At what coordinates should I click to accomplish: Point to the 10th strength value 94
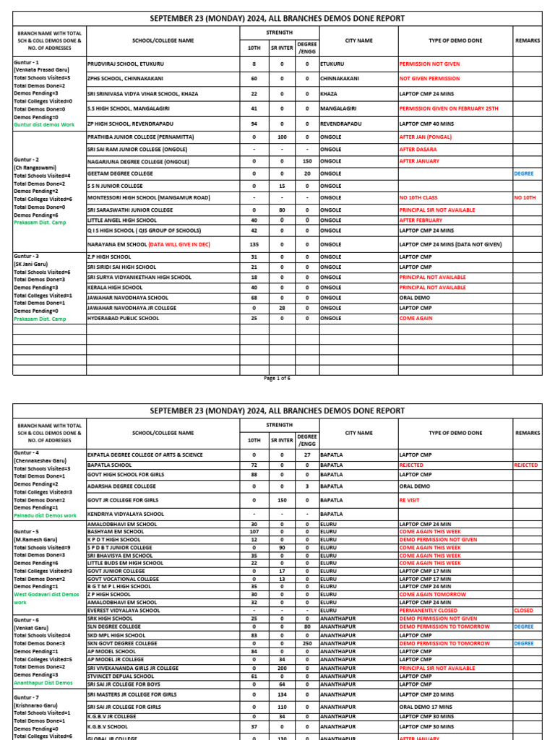(254, 124)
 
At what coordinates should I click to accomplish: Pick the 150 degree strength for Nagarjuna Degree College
(307, 161)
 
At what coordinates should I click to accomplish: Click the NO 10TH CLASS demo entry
(423, 197)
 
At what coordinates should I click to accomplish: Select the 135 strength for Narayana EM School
(254, 245)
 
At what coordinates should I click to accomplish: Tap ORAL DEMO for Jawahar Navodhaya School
(417, 298)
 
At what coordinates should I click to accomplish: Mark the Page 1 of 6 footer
(277, 378)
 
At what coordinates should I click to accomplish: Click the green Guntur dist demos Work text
(44, 124)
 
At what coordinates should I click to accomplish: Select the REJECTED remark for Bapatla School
(526, 465)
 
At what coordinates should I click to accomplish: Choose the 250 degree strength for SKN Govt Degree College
(307, 643)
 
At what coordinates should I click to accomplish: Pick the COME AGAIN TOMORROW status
(431, 594)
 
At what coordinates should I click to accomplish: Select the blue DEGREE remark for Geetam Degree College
(524, 173)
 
